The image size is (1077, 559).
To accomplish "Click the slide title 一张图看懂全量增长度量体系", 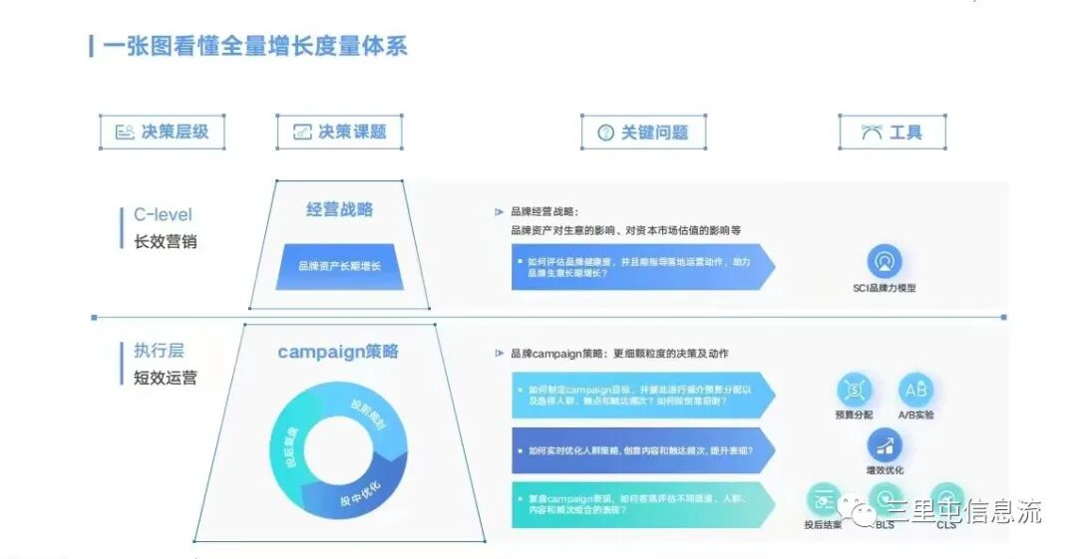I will [255, 46].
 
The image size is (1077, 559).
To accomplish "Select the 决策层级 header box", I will [162, 132].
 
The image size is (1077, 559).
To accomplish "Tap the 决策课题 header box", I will [339, 132].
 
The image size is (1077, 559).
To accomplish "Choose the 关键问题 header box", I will [643, 133].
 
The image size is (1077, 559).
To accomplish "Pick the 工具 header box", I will [892, 133].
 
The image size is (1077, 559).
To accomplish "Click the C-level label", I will [163, 214].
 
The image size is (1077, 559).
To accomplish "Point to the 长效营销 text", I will [166, 241].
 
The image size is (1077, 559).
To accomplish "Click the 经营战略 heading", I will [339, 209].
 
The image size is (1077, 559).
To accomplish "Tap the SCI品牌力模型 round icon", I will [884, 261].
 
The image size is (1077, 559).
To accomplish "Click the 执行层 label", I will [160, 351].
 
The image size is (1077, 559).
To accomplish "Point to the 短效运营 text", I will [166, 378].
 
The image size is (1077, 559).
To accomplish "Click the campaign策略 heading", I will [338, 352].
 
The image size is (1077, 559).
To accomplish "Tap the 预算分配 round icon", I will [854, 390].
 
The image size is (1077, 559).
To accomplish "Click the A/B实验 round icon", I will [914, 390].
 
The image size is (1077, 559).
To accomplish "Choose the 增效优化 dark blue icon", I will [884, 445].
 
